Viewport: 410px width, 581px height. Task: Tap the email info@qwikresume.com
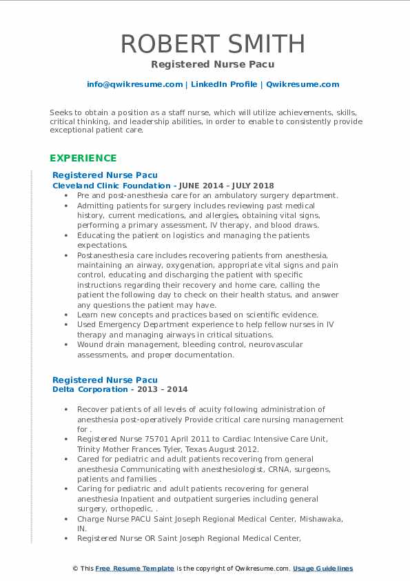tap(134, 84)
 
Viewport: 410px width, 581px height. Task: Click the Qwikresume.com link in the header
tap(303, 84)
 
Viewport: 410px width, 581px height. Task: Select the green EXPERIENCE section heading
tap(83, 157)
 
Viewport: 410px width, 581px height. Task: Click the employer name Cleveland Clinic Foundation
tap(111, 186)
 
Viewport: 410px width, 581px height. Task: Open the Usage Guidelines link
tap(322, 569)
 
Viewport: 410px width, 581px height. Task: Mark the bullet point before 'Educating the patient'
tap(67, 235)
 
